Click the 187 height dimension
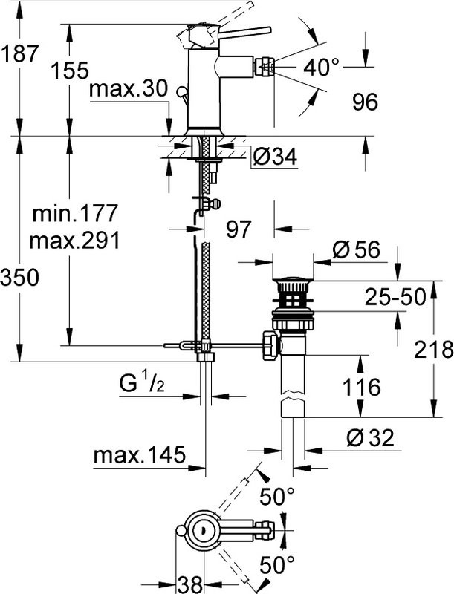[19, 53]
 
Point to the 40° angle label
[321, 69]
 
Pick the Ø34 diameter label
[274, 157]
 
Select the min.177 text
[74, 215]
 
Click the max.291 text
[74, 241]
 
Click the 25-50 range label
[394, 298]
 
